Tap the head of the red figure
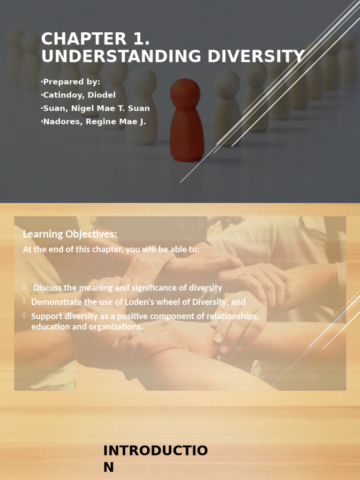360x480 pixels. (185, 93)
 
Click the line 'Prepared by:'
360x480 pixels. (71, 82)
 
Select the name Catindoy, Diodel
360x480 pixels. (79, 95)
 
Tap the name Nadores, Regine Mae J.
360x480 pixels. (93, 121)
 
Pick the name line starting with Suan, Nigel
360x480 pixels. (96, 108)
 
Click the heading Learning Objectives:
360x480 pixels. (70, 234)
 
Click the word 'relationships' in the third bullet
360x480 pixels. (234, 316)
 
